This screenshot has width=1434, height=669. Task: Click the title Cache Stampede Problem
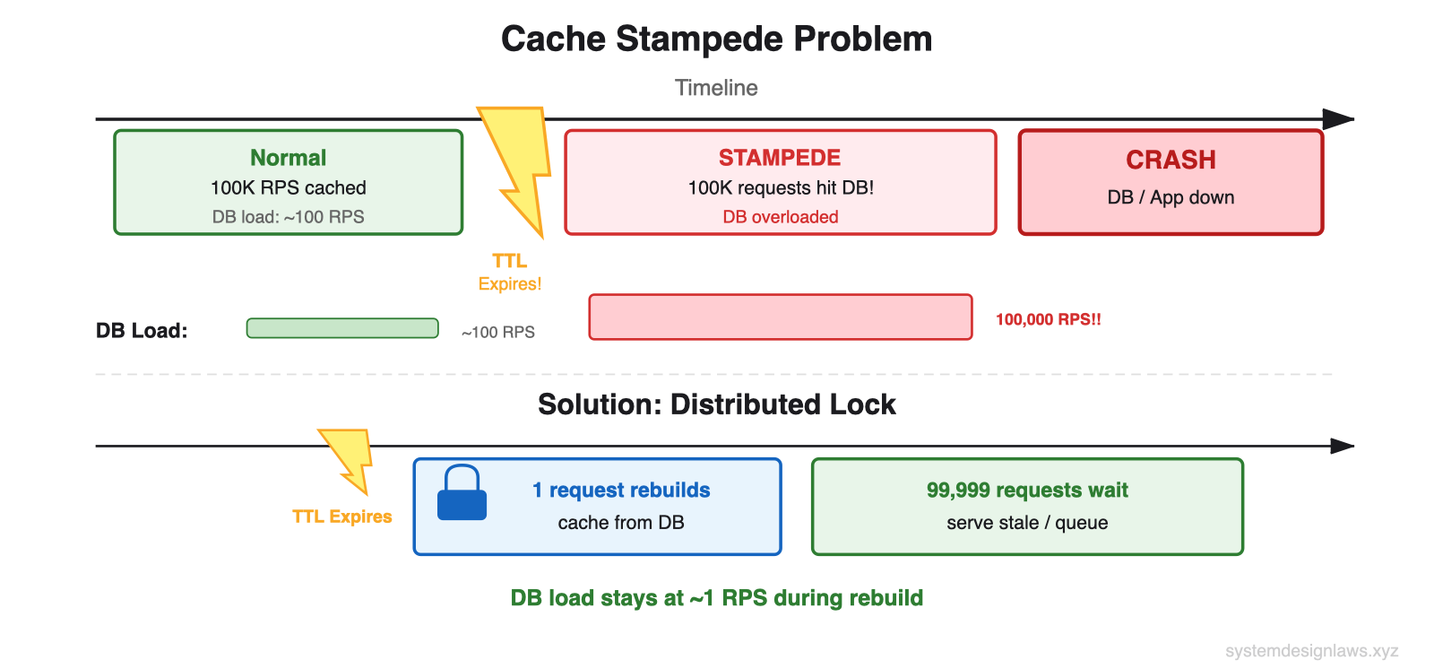pos(716,39)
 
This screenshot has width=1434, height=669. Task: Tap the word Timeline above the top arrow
pos(716,88)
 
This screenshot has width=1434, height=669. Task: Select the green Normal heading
pos(288,158)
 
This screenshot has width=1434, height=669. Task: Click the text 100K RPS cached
pos(288,187)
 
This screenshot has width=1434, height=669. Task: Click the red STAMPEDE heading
pos(780,158)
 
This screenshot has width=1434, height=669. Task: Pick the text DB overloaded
pos(780,217)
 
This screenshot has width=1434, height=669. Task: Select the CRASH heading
pos(1171,160)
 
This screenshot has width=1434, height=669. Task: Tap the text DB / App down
pos(1171,197)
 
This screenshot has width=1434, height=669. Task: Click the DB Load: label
pos(142,331)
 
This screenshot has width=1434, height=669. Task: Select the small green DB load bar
pos(342,328)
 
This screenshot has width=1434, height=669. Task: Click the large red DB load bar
pos(780,317)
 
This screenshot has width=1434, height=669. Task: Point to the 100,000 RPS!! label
pos(1048,319)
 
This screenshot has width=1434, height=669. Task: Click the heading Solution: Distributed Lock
pos(716,404)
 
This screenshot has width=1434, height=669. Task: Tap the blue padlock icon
pos(462,494)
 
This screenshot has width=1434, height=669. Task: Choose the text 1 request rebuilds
pos(621,491)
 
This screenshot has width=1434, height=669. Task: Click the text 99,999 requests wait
pos(1027,491)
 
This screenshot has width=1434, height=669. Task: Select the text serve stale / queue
pos(1027,523)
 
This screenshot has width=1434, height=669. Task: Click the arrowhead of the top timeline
pos(1339,119)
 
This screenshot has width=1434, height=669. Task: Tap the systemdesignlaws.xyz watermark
pos(1311,651)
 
